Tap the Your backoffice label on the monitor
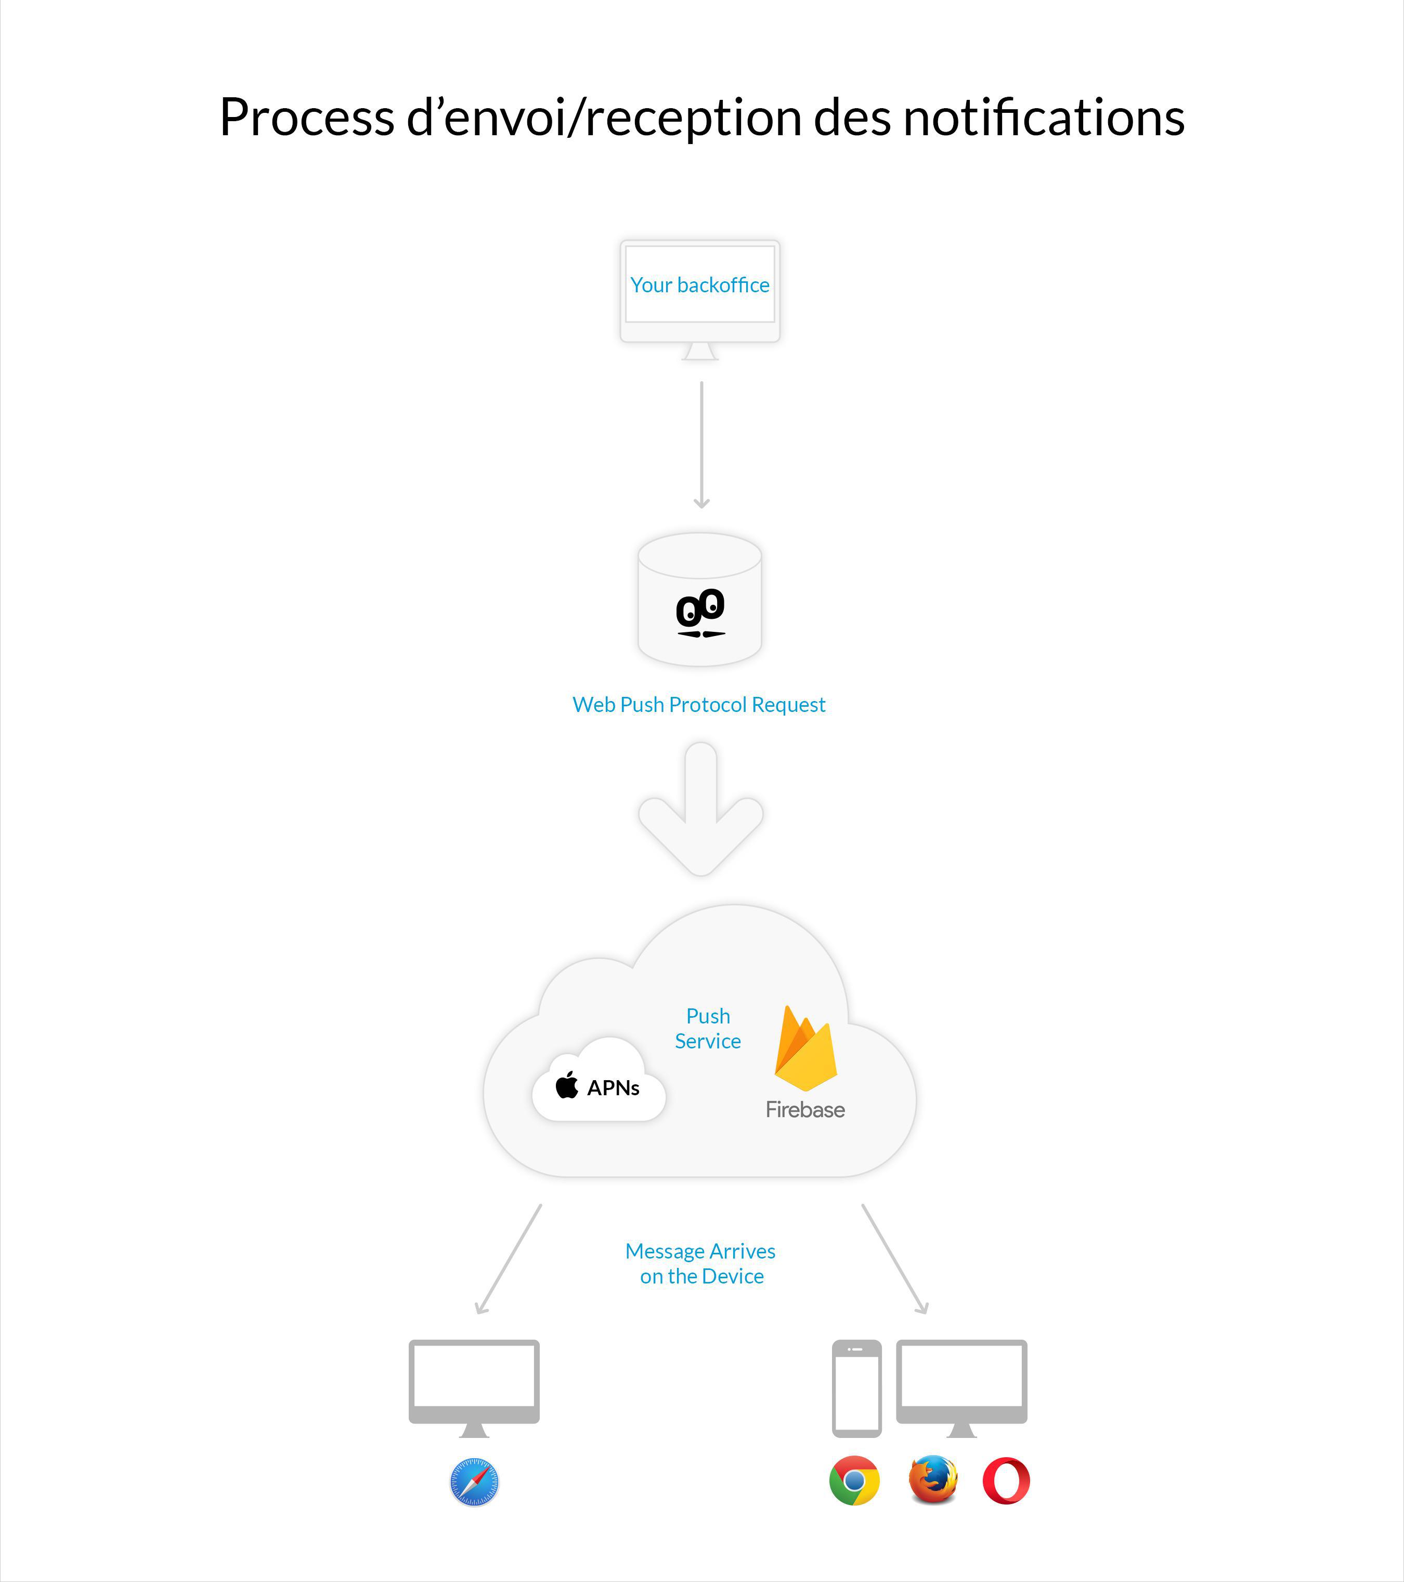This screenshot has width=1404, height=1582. point(700,286)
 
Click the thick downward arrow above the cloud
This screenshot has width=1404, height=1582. point(700,809)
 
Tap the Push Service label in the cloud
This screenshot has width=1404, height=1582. point(707,1029)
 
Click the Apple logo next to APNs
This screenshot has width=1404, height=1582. point(567,1085)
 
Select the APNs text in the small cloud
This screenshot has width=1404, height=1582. point(613,1088)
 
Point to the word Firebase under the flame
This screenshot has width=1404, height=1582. point(805,1110)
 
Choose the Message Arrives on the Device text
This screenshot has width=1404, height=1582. point(700,1263)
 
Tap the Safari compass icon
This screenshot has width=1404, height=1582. point(474,1482)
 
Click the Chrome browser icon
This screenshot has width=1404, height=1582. point(854,1481)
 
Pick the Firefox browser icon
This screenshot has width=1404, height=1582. point(933,1479)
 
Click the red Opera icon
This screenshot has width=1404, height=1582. point(1006,1481)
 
